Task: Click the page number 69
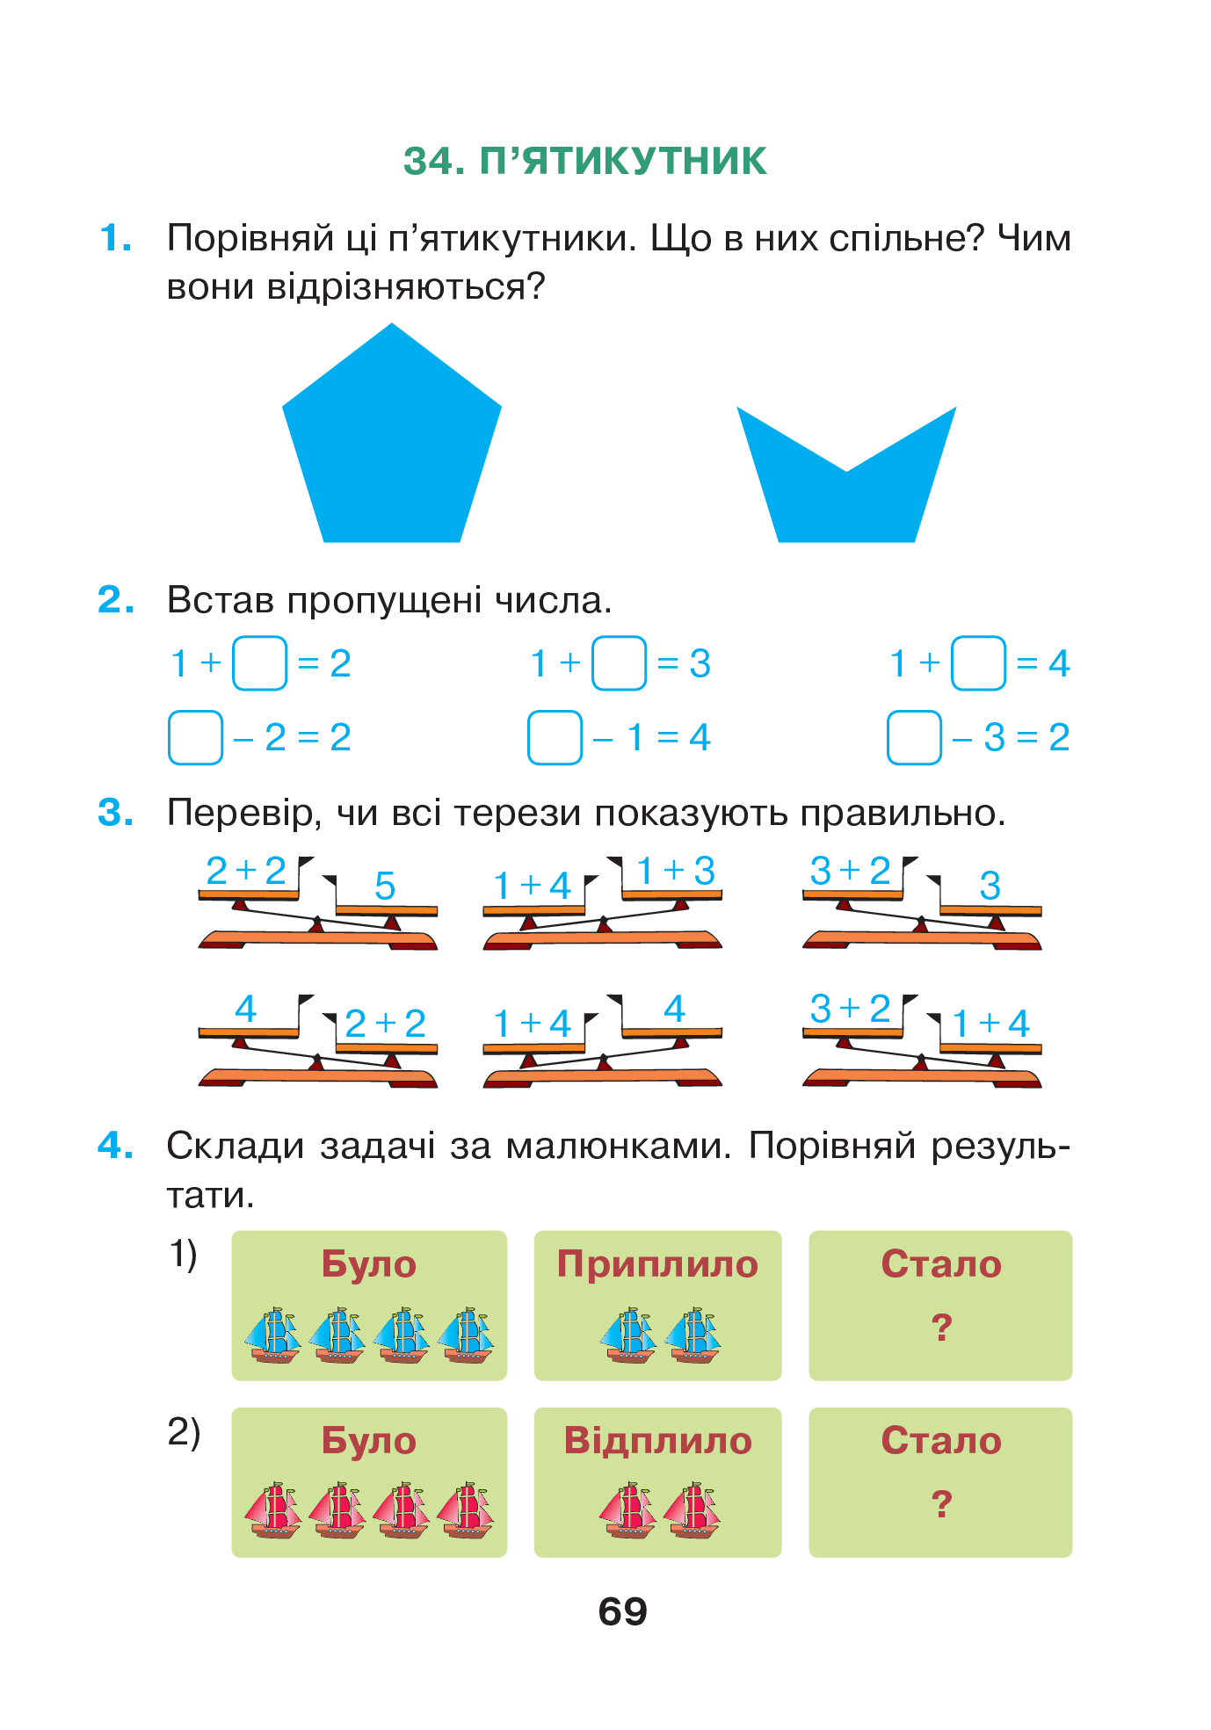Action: point(622,1611)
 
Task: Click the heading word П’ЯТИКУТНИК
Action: point(623,162)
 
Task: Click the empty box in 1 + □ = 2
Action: point(259,663)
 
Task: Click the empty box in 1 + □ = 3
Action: point(619,663)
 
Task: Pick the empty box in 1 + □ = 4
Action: point(978,663)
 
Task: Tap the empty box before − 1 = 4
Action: point(555,737)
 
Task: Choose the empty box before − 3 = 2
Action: point(914,737)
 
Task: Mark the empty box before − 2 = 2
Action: point(195,737)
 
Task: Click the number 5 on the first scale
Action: point(385,886)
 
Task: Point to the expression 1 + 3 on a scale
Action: point(675,871)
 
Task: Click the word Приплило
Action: point(657,1263)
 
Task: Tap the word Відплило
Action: point(657,1441)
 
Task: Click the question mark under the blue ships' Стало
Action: point(941,1328)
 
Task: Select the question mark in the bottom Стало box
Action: point(941,1504)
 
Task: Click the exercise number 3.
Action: point(116,813)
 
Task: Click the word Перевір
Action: point(240,813)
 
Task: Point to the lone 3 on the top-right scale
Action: point(990,886)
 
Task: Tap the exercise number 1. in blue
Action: point(116,238)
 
